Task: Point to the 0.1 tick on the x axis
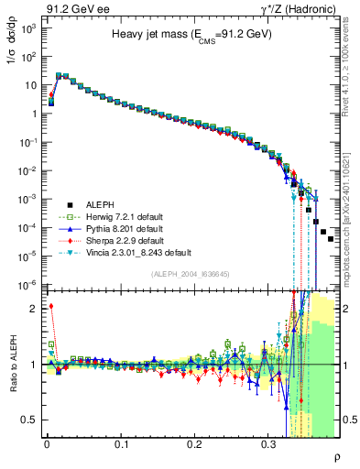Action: click(121, 443)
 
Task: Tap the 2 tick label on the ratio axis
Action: click(33, 309)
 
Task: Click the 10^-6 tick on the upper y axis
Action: click(27, 284)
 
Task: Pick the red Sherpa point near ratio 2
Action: click(51, 307)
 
